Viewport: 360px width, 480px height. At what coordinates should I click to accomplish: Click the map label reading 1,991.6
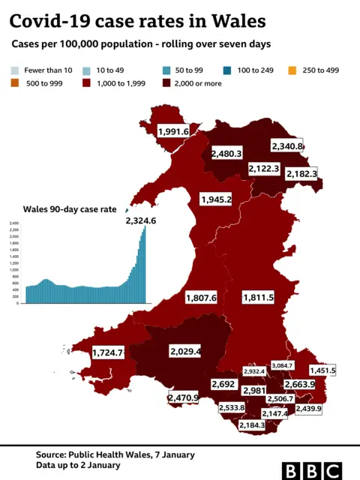(173, 131)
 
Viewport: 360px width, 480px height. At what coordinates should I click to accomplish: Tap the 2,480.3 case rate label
(226, 153)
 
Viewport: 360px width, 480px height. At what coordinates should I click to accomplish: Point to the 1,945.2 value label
(216, 199)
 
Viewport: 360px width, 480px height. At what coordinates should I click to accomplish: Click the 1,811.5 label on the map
(258, 298)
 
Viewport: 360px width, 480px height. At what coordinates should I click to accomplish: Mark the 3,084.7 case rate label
(283, 365)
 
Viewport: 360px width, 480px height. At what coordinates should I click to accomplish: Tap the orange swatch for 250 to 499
(291, 69)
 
